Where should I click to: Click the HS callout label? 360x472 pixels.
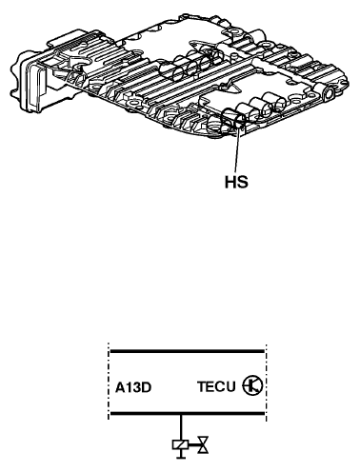point(236,183)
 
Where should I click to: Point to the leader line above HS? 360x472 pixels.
point(237,149)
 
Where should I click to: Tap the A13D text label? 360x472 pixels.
point(133,387)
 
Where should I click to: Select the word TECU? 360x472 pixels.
point(216,386)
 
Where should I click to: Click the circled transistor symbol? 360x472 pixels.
point(252,385)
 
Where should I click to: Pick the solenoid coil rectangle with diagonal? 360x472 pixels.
point(180,445)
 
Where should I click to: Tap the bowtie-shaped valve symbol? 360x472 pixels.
point(203,445)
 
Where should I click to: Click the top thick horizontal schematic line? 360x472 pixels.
point(187,351)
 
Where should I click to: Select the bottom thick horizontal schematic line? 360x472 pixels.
point(187,413)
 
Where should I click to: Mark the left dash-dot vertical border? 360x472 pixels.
point(109,382)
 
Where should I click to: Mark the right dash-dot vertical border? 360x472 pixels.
point(266,382)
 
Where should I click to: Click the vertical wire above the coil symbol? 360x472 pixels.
point(181,427)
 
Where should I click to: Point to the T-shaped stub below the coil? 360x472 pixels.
point(181,454)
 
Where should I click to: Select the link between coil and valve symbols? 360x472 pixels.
point(193,445)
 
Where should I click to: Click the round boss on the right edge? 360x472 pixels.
point(329,93)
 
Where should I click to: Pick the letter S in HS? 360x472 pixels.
point(243,183)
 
